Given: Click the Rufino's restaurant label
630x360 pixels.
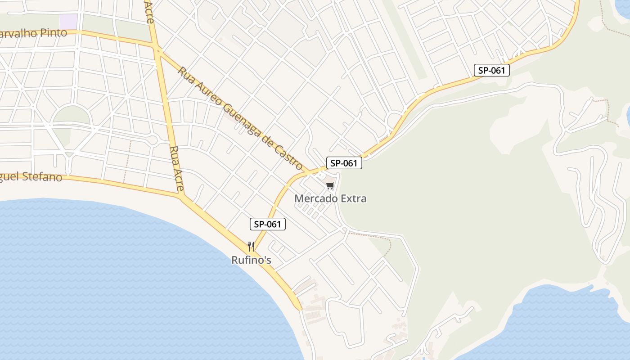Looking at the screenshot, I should (251, 260).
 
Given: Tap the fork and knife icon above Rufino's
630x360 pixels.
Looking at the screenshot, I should (251, 246).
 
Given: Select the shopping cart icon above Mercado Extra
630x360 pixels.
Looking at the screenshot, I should (330, 185).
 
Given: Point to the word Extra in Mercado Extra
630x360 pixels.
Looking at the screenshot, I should (354, 198).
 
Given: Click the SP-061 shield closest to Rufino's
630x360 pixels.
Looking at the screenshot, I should (268, 224).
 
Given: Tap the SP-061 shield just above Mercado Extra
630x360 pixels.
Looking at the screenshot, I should (344, 163).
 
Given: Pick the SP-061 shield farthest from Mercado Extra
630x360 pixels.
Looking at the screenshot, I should (491, 70).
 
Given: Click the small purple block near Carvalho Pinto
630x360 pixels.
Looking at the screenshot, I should (68, 21).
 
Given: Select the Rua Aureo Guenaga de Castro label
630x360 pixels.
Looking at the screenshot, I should (240, 119).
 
